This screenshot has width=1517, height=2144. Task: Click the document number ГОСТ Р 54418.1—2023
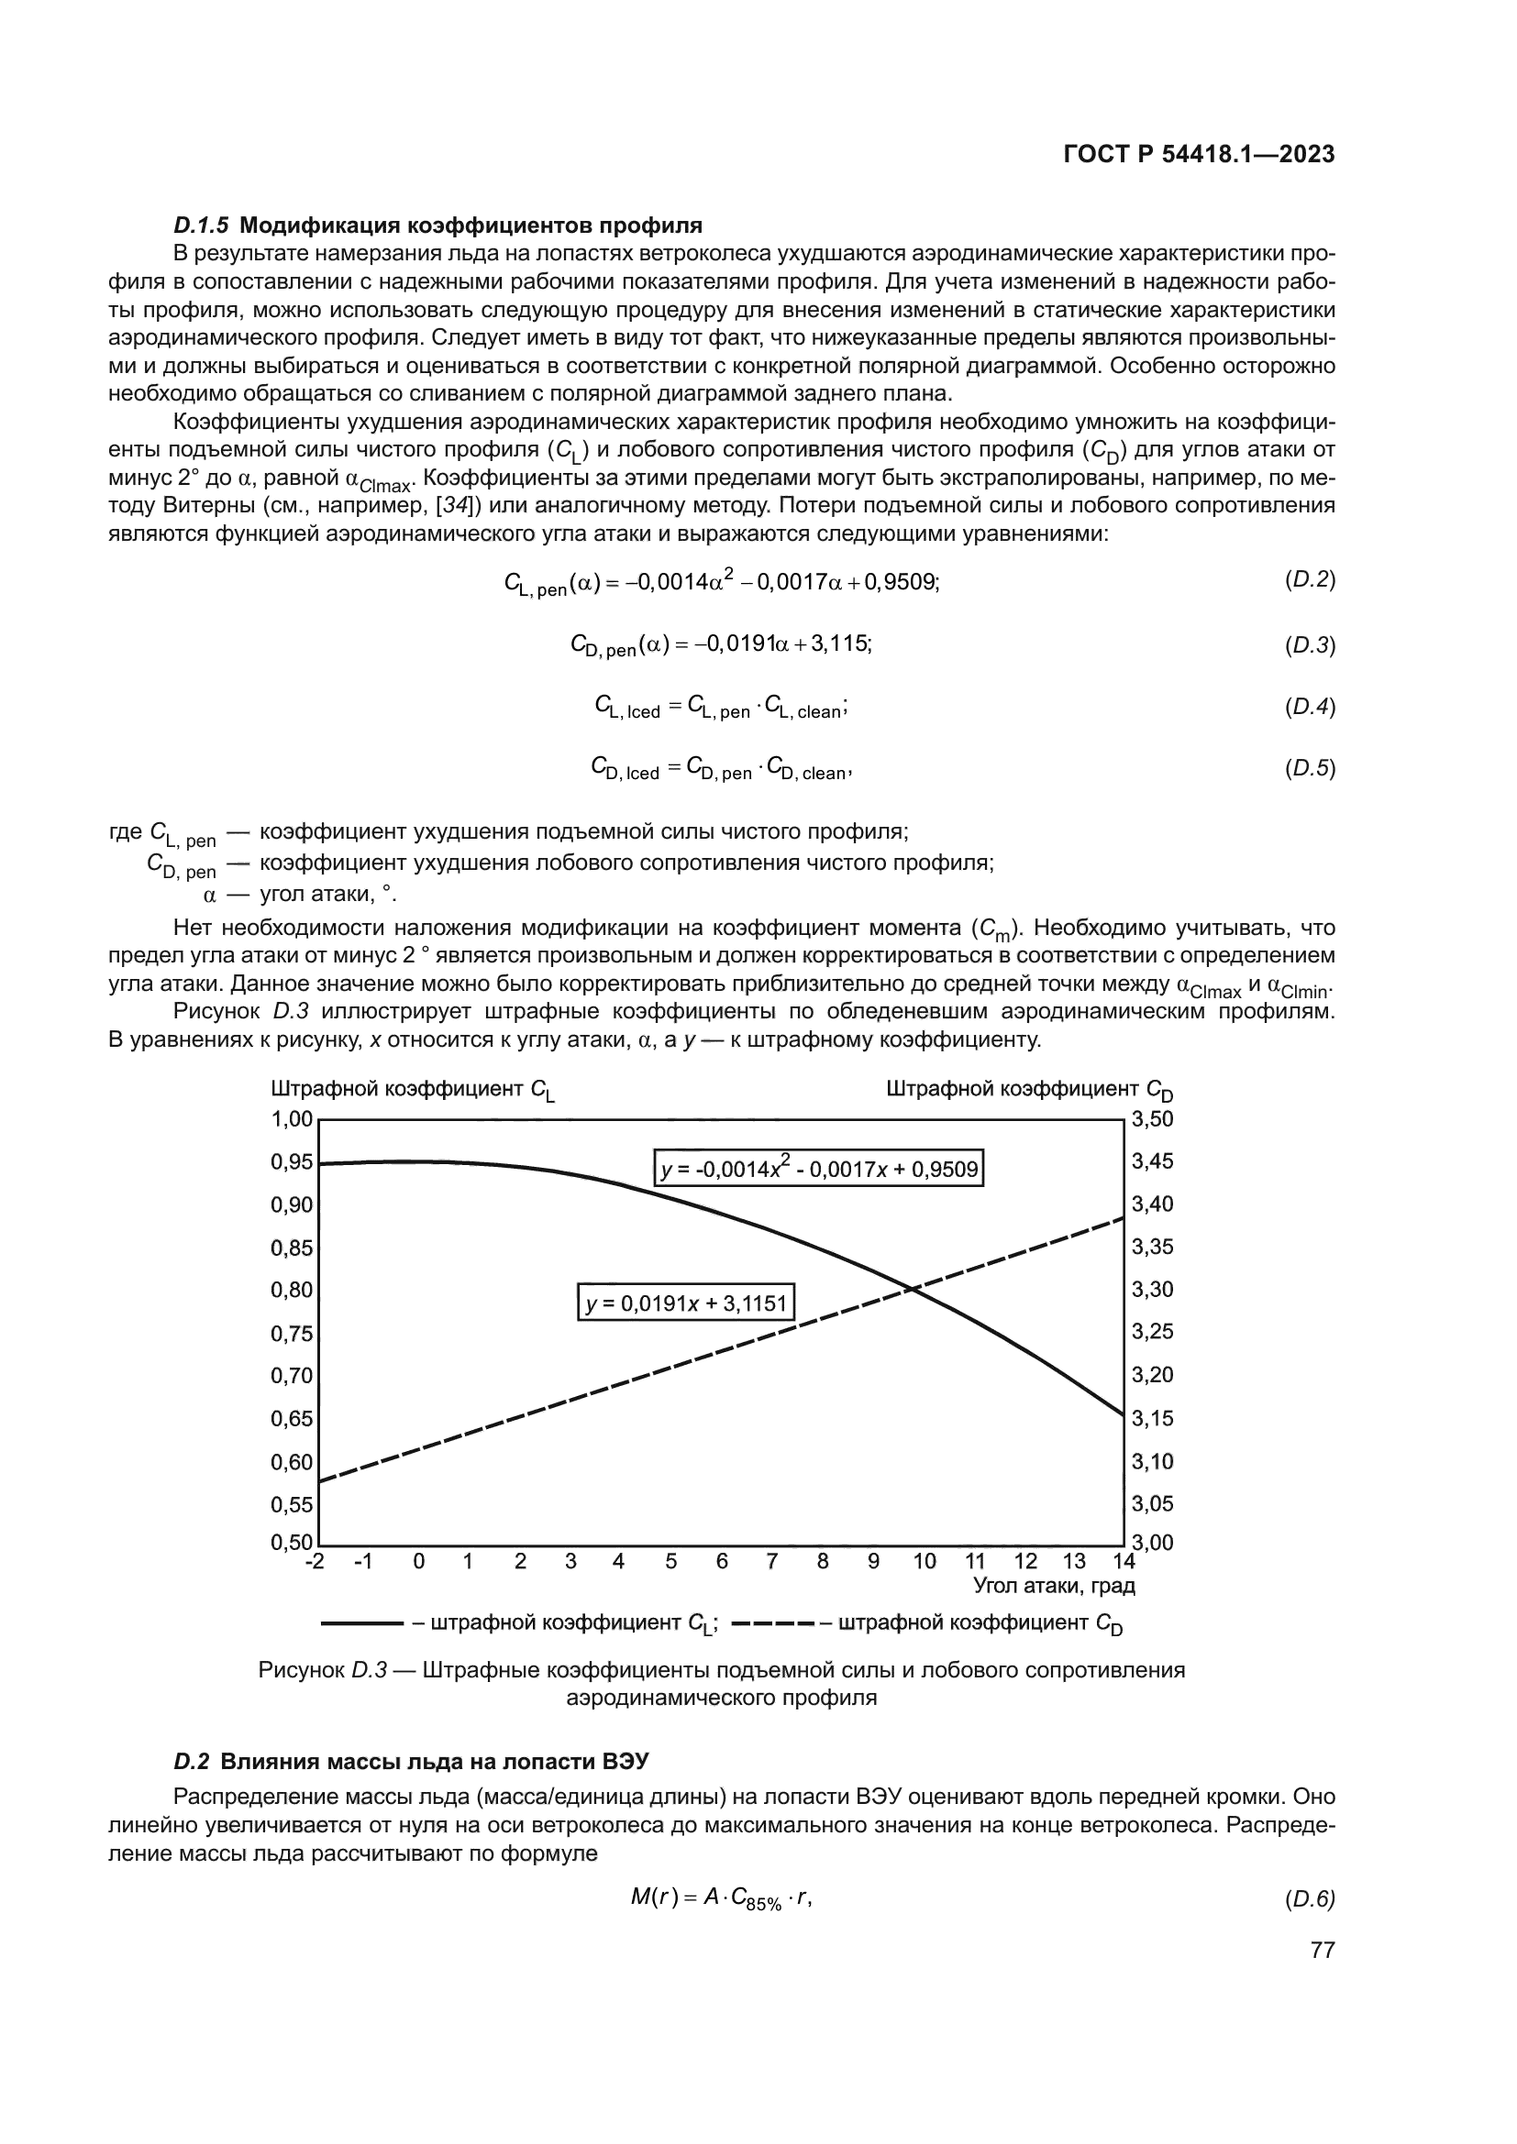click(1199, 155)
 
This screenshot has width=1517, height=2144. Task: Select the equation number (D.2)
click(1310, 580)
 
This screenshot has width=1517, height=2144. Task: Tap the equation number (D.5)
click(1310, 768)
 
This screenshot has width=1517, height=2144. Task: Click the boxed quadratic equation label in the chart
click(818, 1168)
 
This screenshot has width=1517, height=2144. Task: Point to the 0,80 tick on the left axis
click(292, 1290)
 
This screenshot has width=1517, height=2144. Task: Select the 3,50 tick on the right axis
click(1152, 1118)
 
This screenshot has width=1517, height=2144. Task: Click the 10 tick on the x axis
click(924, 1561)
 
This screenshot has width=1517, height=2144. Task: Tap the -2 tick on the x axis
click(315, 1561)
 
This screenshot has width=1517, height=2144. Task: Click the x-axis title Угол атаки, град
click(1054, 1585)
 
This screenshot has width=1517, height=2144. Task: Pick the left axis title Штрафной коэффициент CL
click(412, 1090)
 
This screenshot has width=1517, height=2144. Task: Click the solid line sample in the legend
click(361, 1623)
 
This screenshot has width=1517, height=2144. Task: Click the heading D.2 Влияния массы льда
click(411, 1761)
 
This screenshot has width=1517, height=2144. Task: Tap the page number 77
click(1322, 1950)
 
